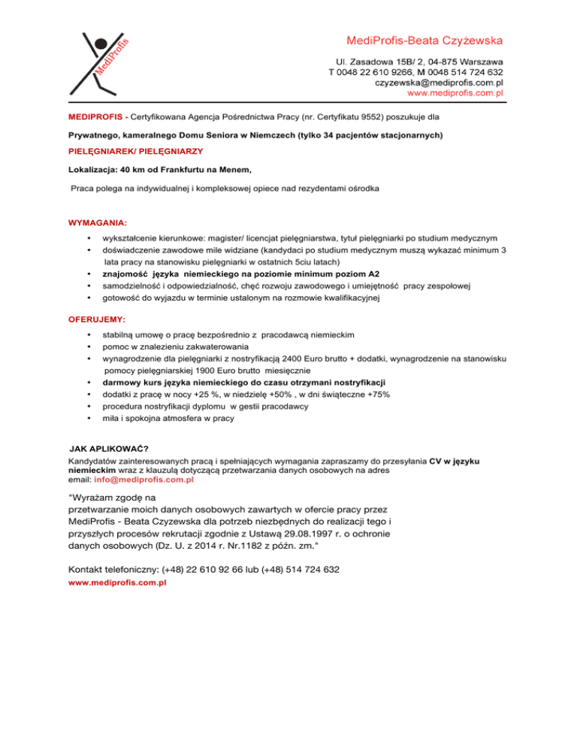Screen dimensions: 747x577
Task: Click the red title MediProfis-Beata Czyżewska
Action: [424, 40]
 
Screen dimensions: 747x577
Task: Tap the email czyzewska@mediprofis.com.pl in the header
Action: [439, 83]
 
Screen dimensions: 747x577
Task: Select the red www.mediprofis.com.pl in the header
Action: [455, 94]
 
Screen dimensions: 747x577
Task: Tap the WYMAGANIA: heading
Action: [98, 223]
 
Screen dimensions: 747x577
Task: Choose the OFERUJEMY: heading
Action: [97, 319]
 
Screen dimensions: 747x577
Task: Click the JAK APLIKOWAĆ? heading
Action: [108, 449]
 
